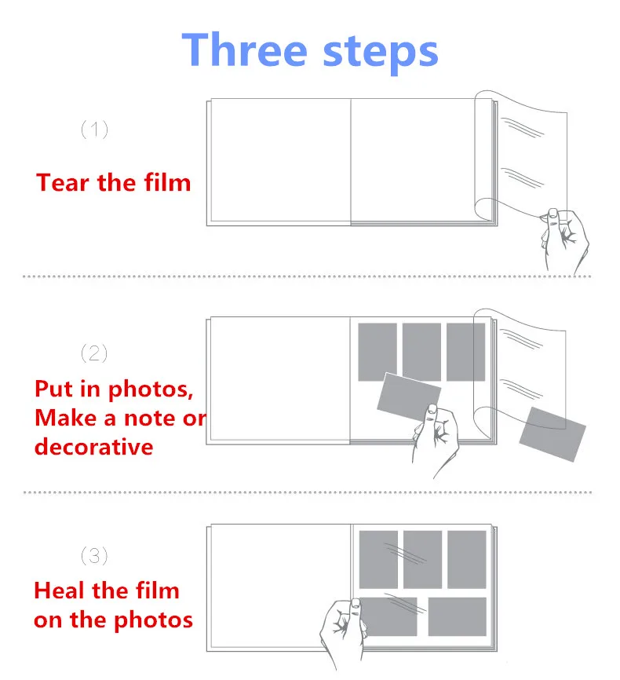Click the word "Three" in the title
[x=245, y=50]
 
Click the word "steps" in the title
[x=381, y=53]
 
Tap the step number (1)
[x=94, y=130]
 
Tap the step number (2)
[x=94, y=353]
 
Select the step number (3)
[x=94, y=555]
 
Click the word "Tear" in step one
[x=63, y=183]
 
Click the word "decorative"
[x=93, y=447]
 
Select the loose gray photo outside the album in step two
[x=553, y=433]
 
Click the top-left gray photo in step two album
[x=377, y=352]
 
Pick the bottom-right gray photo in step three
[x=457, y=616]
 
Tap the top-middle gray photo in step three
[x=422, y=559]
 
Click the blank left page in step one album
[x=280, y=160]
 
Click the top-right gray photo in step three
[x=466, y=559]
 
